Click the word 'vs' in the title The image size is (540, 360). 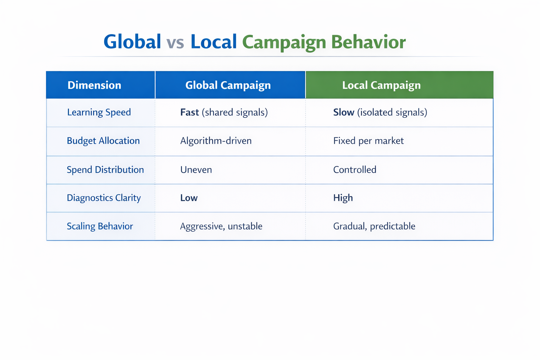click(x=175, y=42)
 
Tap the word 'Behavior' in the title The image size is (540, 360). click(x=368, y=42)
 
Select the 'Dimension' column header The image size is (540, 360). click(x=94, y=85)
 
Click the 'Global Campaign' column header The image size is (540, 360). click(x=228, y=85)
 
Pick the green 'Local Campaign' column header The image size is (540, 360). click(x=381, y=85)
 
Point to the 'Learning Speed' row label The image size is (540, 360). click(x=99, y=112)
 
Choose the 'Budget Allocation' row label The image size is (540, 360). click(x=103, y=141)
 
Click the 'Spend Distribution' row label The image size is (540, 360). click(x=105, y=170)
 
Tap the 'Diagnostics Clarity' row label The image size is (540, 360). click(x=104, y=198)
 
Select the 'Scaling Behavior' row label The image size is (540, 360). click(x=100, y=226)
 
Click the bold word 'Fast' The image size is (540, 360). click(x=189, y=112)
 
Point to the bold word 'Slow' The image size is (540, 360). click(x=343, y=112)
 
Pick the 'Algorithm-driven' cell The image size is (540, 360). click(x=216, y=141)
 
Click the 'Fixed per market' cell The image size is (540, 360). click(x=368, y=141)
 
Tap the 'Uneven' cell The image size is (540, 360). click(x=196, y=170)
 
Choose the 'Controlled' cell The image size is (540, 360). click(x=355, y=170)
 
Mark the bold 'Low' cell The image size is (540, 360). click(x=189, y=198)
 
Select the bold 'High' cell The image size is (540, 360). click(x=343, y=198)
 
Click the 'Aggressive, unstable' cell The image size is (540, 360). click(x=221, y=226)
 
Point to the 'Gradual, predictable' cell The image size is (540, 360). click(x=374, y=226)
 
